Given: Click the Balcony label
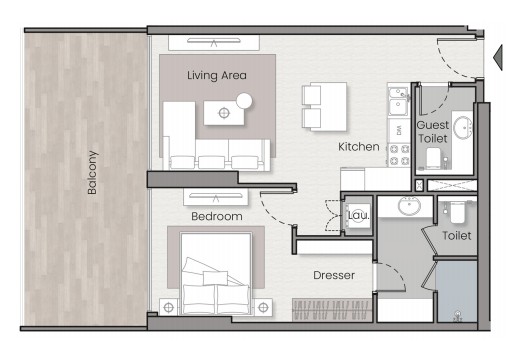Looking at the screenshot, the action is pyautogui.click(x=92, y=173).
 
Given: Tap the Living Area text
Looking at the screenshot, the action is pyautogui.click(x=217, y=75).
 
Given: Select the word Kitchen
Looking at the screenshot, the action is pyautogui.click(x=359, y=147).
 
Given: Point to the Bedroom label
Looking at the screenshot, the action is pyautogui.click(x=217, y=217).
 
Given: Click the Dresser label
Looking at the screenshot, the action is pyautogui.click(x=334, y=275).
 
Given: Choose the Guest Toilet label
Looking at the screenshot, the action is pyautogui.click(x=433, y=132).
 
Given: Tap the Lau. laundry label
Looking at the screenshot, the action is pyautogui.click(x=359, y=215).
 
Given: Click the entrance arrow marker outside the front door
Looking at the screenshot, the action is pyautogui.click(x=498, y=57).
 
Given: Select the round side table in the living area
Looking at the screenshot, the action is pyautogui.click(x=244, y=101).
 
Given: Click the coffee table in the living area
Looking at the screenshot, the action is pyautogui.click(x=224, y=113).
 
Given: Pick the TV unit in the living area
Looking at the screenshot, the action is pyautogui.click(x=214, y=43).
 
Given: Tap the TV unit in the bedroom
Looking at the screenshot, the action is pyautogui.click(x=216, y=197).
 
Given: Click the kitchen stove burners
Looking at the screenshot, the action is pyautogui.click(x=399, y=155).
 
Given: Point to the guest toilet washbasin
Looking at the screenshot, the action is pyautogui.click(x=463, y=127).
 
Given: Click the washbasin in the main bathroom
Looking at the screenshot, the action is pyautogui.click(x=409, y=206).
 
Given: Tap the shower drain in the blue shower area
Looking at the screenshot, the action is pyautogui.click(x=458, y=315).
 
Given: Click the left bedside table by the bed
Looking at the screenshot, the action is pyautogui.click(x=169, y=307).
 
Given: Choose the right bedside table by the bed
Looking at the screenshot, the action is pyautogui.click(x=263, y=307).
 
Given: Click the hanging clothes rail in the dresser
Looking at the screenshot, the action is pyautogui.click(x=332, y=310).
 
